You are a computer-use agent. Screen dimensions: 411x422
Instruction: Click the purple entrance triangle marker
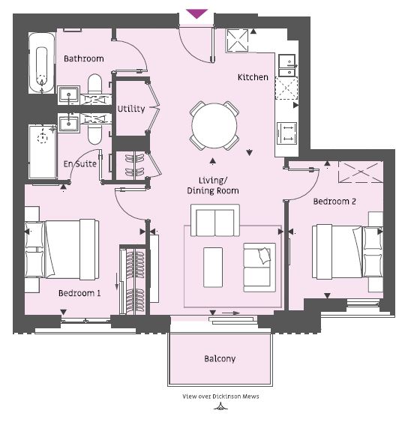pyautogui.click(x=197, y=13)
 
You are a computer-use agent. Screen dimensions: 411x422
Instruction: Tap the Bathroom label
pyautogui.click(x=84, y=58)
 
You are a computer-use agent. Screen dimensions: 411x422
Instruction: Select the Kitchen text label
pyautogui.click(x=253, y=77)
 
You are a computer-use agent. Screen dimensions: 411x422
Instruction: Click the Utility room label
pyautogui.click(x=131, y=109)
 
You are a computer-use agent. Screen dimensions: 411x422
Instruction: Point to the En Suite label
pyautogui.click(x=80, y=163)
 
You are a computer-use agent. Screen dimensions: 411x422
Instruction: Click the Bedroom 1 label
pyautogui.click(x=79, y=293)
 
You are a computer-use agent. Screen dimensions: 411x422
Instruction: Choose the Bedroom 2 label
pyautogui.click(x=334, y=202)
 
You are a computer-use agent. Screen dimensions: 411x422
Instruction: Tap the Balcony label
pyautogui.click(x=220, y=359)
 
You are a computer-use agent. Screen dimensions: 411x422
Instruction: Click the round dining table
pyautogui.click(x=214, y=126)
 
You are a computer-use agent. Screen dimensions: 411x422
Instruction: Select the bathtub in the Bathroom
pyautogui.click(x=42, y=64)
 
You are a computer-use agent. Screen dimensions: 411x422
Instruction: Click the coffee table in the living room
pyautogui.click(x=213, y=268)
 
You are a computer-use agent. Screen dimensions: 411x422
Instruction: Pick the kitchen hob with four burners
pyautogui.click(x=287, y=133)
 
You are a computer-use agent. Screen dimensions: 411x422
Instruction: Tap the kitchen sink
pyautogui.click(x=287, y=65)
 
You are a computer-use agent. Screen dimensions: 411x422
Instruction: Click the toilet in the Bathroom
pyautogui.click(x=94, y=84)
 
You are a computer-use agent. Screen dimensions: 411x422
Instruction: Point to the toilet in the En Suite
pyautogui.click(x=94, y=134)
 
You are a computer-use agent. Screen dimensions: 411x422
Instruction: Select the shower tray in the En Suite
pyautogui.click(x=43, y=151)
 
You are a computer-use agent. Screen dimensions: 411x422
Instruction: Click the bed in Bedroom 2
pyautogui.click(x=347, y=252)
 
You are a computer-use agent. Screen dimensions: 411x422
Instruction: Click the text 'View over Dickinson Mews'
pyautogui.click(x=220, y=397)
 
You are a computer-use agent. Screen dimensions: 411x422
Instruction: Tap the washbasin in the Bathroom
pyautogui.click(x=69, y=95)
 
